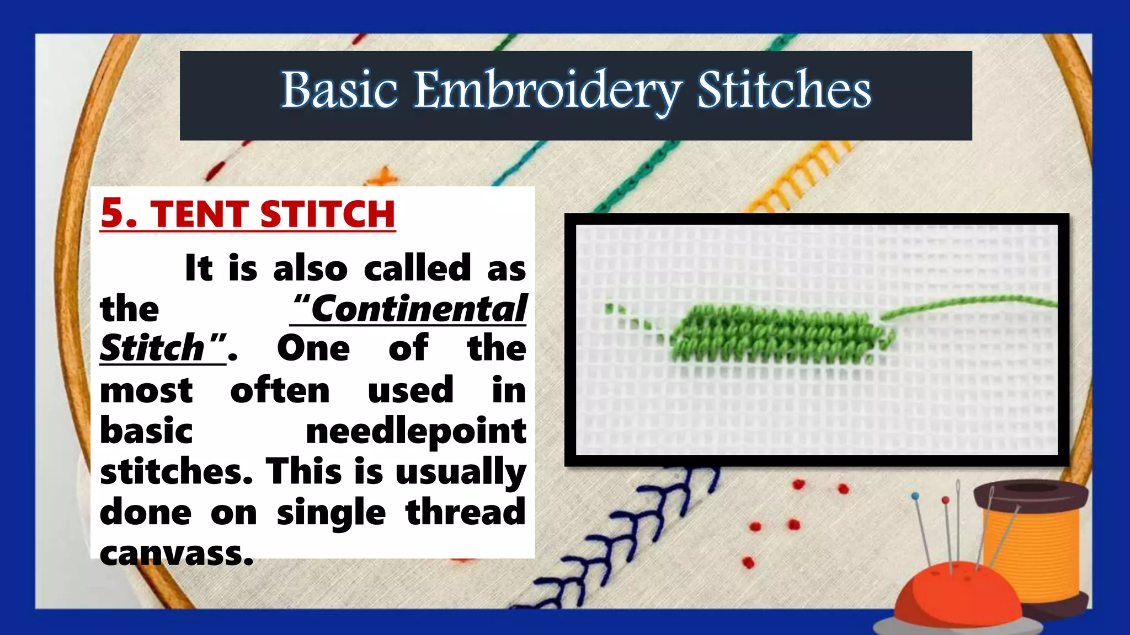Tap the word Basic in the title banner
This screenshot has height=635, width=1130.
click(x=339, y=90)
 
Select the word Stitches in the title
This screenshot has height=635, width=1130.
click(x=783, y=90)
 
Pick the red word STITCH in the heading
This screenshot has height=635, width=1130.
click(x=328, y=214)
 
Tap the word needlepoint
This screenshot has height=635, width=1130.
click(x=416, y=430)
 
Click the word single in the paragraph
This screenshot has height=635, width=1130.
click(x=331, y=512)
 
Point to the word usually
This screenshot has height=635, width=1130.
click(x=461, y=472)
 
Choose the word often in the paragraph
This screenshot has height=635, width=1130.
click(x=280, y=390)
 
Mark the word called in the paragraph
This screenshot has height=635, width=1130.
click(x=417, y=268)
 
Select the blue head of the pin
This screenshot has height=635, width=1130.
click(x=915, y=496)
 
